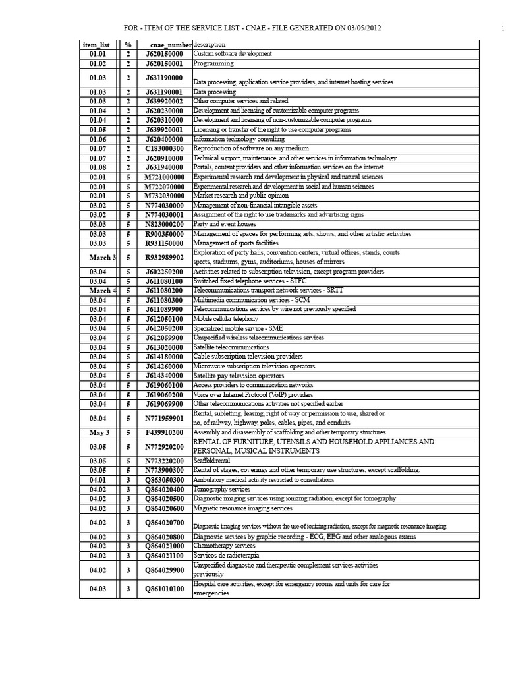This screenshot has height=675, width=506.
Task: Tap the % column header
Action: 128,44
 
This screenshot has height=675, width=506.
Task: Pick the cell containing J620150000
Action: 164,53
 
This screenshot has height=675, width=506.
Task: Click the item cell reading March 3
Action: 102,258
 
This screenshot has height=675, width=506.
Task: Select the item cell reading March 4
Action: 102,291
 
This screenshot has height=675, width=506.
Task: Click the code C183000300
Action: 164,148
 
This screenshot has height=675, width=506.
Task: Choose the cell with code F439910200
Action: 164,432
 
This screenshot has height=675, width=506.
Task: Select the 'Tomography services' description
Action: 221,489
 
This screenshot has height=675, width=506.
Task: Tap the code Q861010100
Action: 164,589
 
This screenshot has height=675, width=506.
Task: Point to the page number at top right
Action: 502,28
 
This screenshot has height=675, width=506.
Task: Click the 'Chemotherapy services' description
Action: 224,546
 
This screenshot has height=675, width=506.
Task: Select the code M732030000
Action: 164,196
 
